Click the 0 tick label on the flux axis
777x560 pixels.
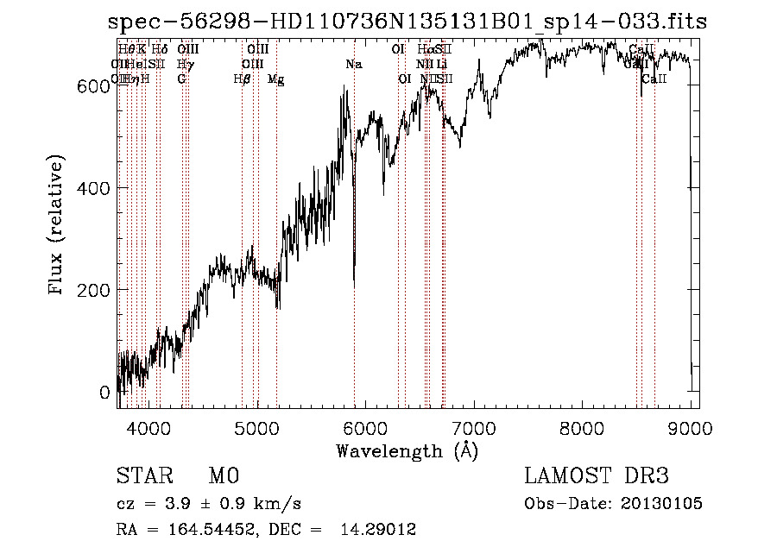104,393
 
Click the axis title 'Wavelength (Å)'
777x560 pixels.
407,451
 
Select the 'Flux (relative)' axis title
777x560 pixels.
58,226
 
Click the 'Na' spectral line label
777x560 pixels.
353,65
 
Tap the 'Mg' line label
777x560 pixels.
276,79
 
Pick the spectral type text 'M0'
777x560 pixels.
223,476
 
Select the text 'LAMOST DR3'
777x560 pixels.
597,476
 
